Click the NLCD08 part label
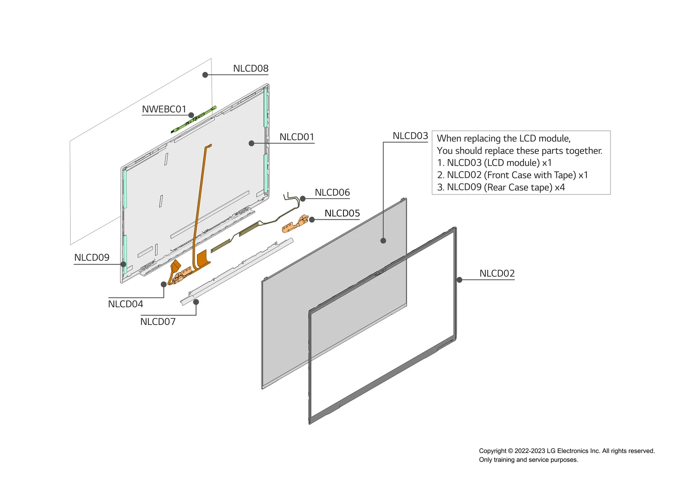coord(251,68)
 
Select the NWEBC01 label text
coord(164,109)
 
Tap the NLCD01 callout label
coord(297,137)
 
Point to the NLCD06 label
coord(332,193)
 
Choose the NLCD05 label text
coord(342,213)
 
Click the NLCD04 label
coord(125,304)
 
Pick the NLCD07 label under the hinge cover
coord(158,322)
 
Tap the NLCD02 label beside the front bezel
coord(497,273)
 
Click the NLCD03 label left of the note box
coord(410,136)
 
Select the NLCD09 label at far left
coord(92,257)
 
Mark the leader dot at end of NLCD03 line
coord(383,241)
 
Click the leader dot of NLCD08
coord(205,75)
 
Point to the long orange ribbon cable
coord(201,199)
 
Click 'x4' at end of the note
coord(560,187)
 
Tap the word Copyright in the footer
coord(492,451)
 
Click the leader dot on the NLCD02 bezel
coord(459,280)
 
